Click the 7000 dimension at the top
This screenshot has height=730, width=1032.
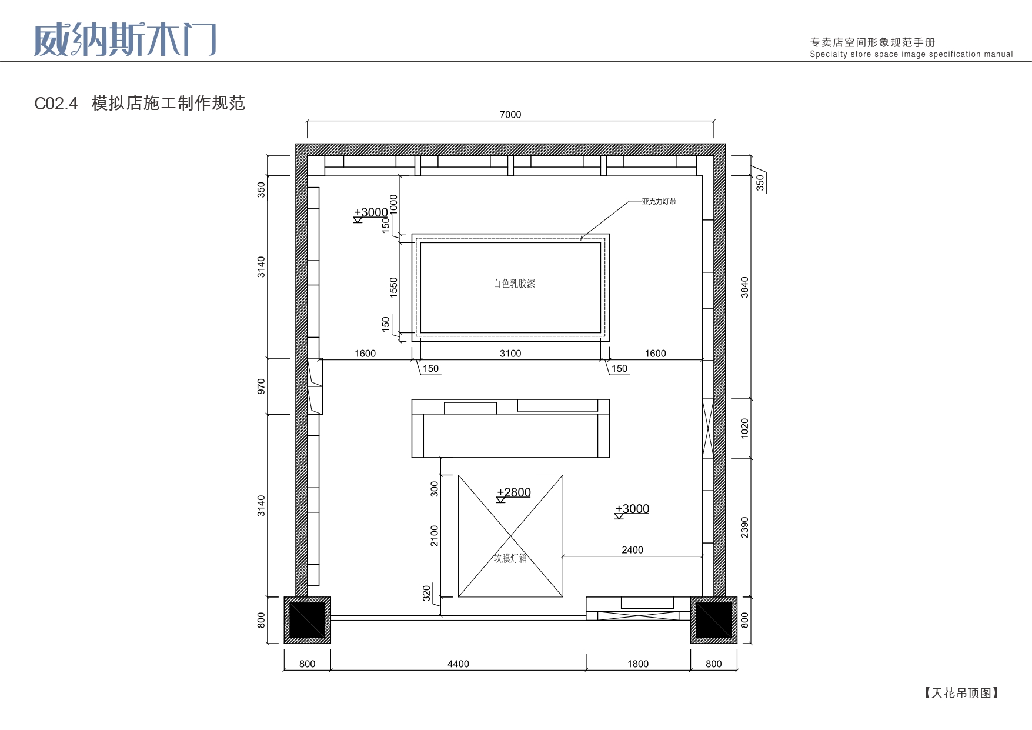pos(510,115)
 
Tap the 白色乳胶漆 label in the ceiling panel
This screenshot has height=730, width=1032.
pos(514,284)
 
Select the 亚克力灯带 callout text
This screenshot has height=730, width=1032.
pos(659,201)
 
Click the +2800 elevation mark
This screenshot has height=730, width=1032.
pos(514,493)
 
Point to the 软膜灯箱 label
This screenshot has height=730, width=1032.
pos(510,558)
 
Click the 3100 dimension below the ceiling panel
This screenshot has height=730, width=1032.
pos(510,354)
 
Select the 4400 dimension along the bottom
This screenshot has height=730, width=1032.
pos(458,664)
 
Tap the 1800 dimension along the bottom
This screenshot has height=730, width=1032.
pos(638,664)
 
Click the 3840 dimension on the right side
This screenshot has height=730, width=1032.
pos(744,287)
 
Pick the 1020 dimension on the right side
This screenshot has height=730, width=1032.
pos(744,428)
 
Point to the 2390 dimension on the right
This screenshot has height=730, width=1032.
pos(744,527)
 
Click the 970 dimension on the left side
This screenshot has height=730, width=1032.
pos(261,386)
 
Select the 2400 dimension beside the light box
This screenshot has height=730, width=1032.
pos(632,550)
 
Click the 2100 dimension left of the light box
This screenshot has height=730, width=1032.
pos(434,536)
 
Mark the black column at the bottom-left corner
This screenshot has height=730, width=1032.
pos(307,620)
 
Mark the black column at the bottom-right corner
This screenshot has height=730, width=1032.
pos(714,620)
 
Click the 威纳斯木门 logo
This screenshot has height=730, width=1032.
pos(125,40)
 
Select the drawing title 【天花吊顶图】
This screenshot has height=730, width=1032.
pos(961,693)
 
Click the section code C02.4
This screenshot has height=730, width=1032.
pos(56,104)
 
